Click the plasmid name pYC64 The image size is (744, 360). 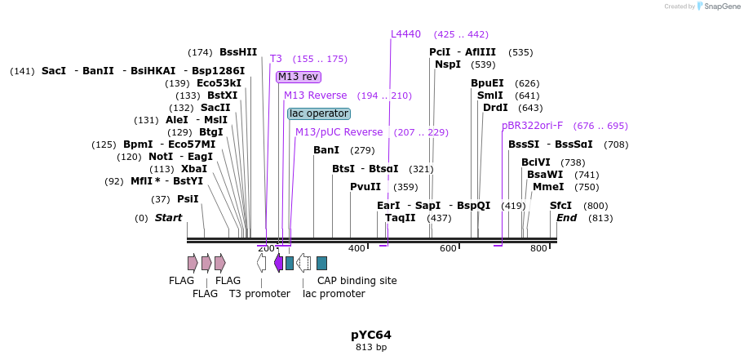(x=371, y=335)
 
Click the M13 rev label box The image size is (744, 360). (x=298, y=77)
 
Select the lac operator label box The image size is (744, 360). (x=318, y=113)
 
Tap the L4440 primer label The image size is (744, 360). (x=405, y=34)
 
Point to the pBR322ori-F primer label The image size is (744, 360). (x=532, y=126)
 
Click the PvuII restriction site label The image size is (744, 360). (x=365, y=187)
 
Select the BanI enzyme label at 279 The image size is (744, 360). (x=326, y=150)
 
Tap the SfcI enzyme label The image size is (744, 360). (x=561, y=206)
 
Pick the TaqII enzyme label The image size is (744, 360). (x=401, y=218)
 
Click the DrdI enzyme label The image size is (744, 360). (x=495, y=108)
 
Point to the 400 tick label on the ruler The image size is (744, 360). (x=356, y=248)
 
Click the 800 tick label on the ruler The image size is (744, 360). (x=538, y=248)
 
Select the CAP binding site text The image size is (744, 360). (x=356, y=281)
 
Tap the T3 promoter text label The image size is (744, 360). (x=259, y=294)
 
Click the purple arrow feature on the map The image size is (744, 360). (x=278, y=263)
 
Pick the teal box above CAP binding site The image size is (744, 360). (x=321, y=263)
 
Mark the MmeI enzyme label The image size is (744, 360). (x=547, y=187)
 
